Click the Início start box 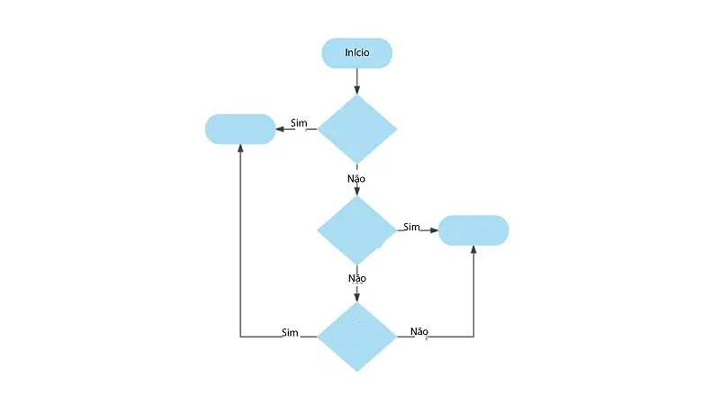(357, 53)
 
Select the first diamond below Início (357, 129)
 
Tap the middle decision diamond (357, 230)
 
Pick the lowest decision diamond (357, 337)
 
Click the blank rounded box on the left (240, 129)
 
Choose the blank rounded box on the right (473, 230)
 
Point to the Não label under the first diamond (356, 178)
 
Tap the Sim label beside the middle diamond (411, 226)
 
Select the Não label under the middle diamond (356, 278)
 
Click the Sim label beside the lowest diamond (290, 332)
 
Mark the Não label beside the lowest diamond (418, 331)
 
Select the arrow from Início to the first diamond (357, 81)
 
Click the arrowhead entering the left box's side (280, 129)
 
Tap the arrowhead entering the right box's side (434, 230)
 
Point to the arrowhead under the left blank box (240, 149)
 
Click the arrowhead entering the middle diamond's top (357, 192)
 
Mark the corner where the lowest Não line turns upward (473, 337)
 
